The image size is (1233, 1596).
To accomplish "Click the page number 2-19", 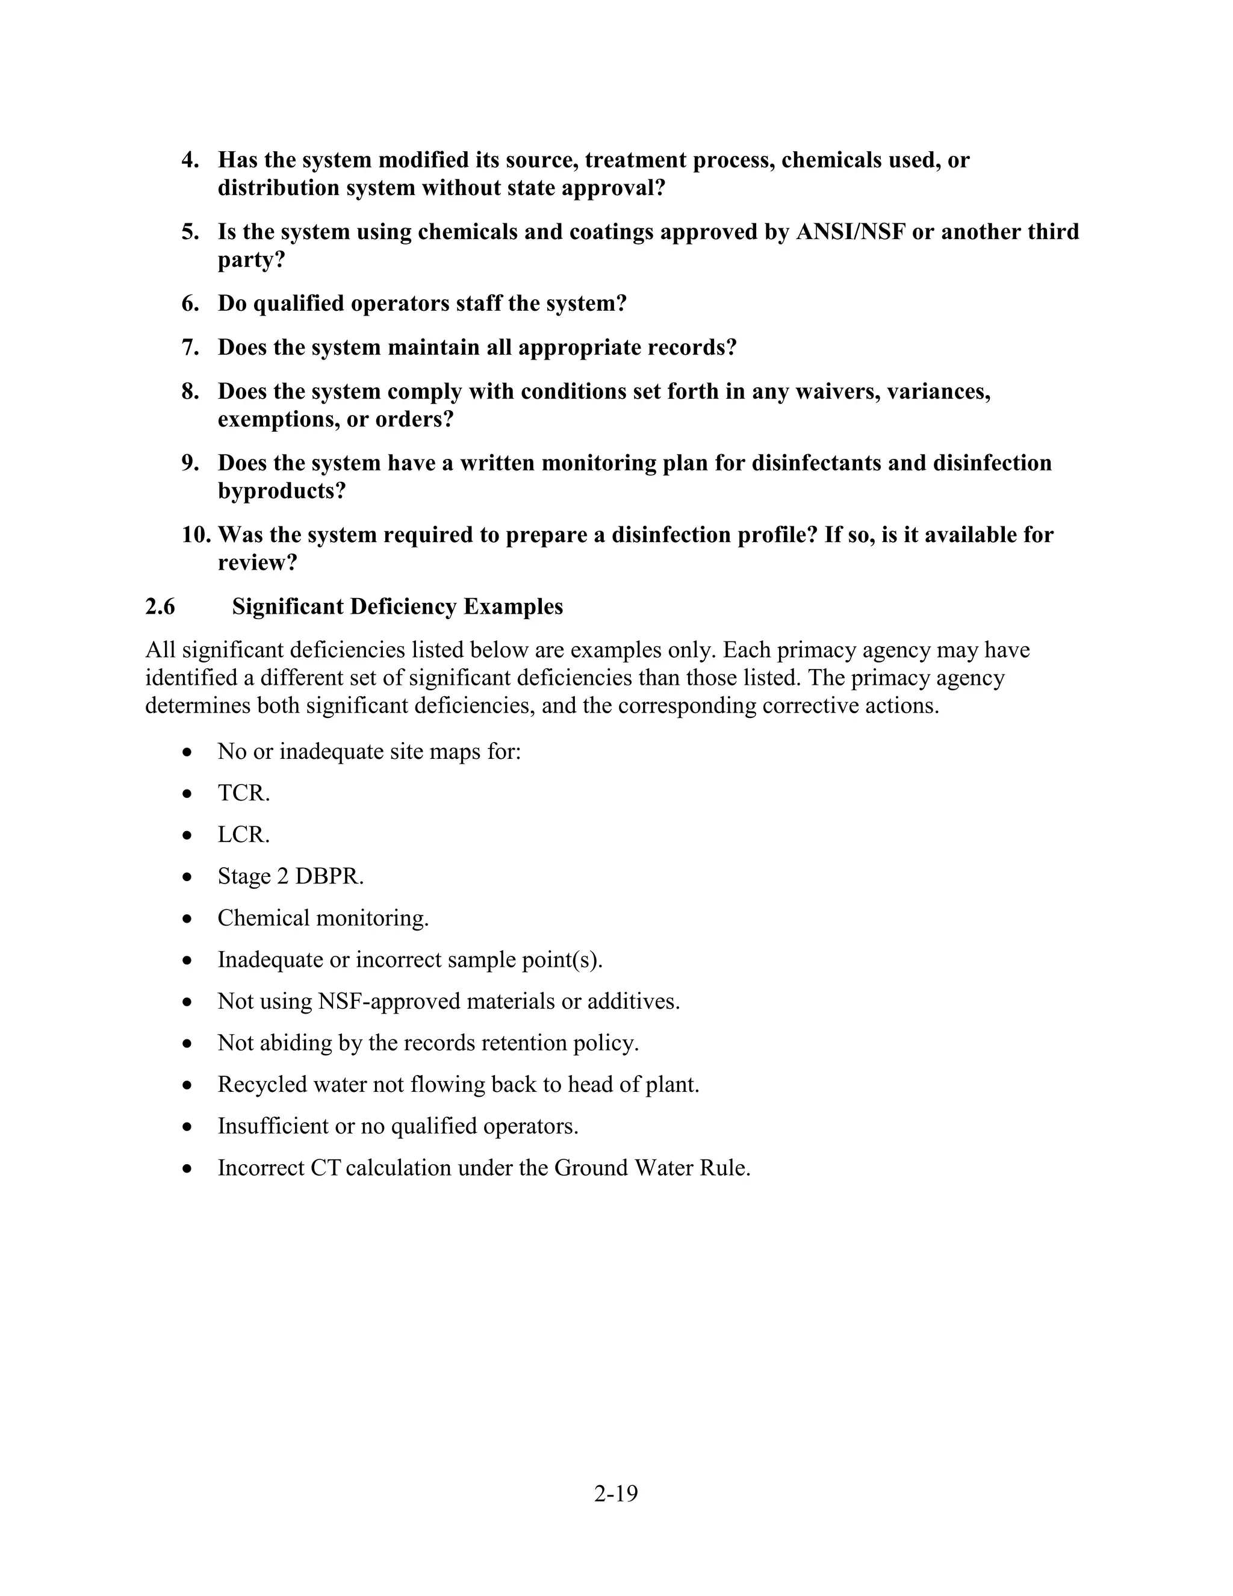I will point(616,1494).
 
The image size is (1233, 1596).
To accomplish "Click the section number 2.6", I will point(160,606).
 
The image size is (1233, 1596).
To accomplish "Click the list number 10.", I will point(195,535).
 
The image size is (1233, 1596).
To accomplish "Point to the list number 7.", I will point(190,347).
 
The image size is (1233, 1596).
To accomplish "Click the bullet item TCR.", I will point(243,793).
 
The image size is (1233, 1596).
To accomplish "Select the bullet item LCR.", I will point(243,835).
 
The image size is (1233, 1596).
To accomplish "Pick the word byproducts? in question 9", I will point(281,491).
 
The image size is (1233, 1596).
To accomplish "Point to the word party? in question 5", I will point(250,260).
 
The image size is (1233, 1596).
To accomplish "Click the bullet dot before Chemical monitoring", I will point(188,918).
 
